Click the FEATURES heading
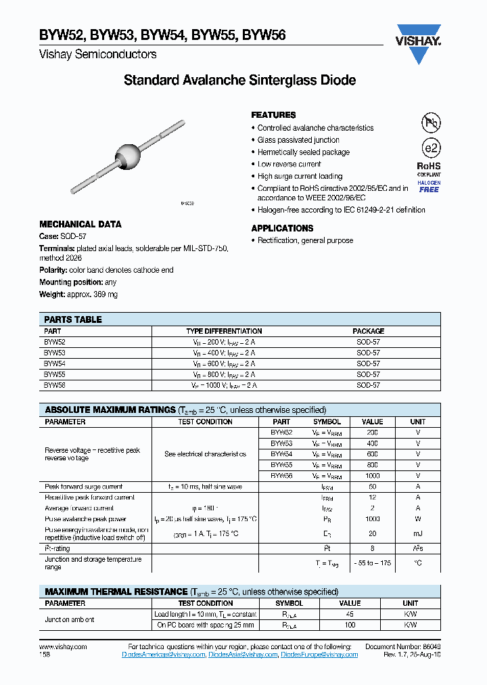(x=273, y=115)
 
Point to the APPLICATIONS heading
(x=282, y=228)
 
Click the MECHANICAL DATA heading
(x=80, y=224)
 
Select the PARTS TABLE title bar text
(x=73, y=319)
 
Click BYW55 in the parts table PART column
(x=55, y=374)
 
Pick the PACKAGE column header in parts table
(x=368, y=331)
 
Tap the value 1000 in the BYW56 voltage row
(x=372, y=476)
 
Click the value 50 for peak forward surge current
(x=372, y=487)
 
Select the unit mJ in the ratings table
(x=418, y=534)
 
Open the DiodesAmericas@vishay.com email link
(x=163, y=655)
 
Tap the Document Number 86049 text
(x=403, y=647)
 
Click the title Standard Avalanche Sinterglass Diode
(x=239, y=81)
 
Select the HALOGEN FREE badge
(x=430, y=186)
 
